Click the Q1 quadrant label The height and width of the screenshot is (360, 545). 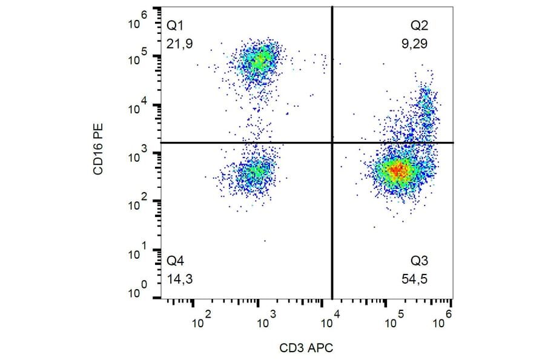point(175,26)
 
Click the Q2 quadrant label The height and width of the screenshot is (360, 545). point(419,26)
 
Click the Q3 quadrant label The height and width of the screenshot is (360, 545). point(419,261)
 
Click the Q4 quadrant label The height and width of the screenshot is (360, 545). point(175,261)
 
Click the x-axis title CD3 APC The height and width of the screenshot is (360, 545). point(306,348)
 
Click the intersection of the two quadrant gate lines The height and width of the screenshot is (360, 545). point(332,143)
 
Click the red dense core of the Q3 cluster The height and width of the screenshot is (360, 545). point(397,170)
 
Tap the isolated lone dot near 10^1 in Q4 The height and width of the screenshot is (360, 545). point(265,241)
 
